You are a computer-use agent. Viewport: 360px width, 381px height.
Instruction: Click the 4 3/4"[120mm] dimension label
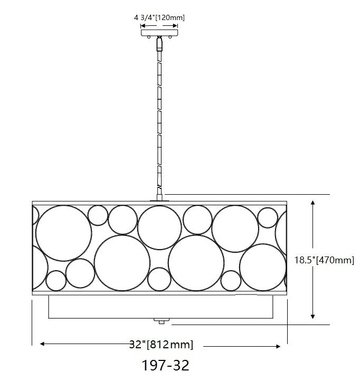pyautogui.click(x=159, y=18)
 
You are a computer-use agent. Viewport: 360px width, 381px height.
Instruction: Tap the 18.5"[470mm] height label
pyautogui.click(x=324, y=260)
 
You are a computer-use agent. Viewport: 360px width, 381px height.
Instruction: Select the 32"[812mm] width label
pyautogui.click(x=161, y=344)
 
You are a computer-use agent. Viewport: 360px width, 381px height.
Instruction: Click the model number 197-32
pyautogui.click(x=165, y=365)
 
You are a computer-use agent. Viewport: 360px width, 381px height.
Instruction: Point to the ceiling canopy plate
pyautogui.click(x=159, y=33)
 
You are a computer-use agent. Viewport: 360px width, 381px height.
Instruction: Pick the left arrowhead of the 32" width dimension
pyautogui.click(x=43, y=344)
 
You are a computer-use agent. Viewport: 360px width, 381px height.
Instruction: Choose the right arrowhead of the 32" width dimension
pyautogui.click(x=278, y=346)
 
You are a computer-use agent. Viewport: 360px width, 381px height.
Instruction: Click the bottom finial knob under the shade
pyautogui.click(x=161, y=321)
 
